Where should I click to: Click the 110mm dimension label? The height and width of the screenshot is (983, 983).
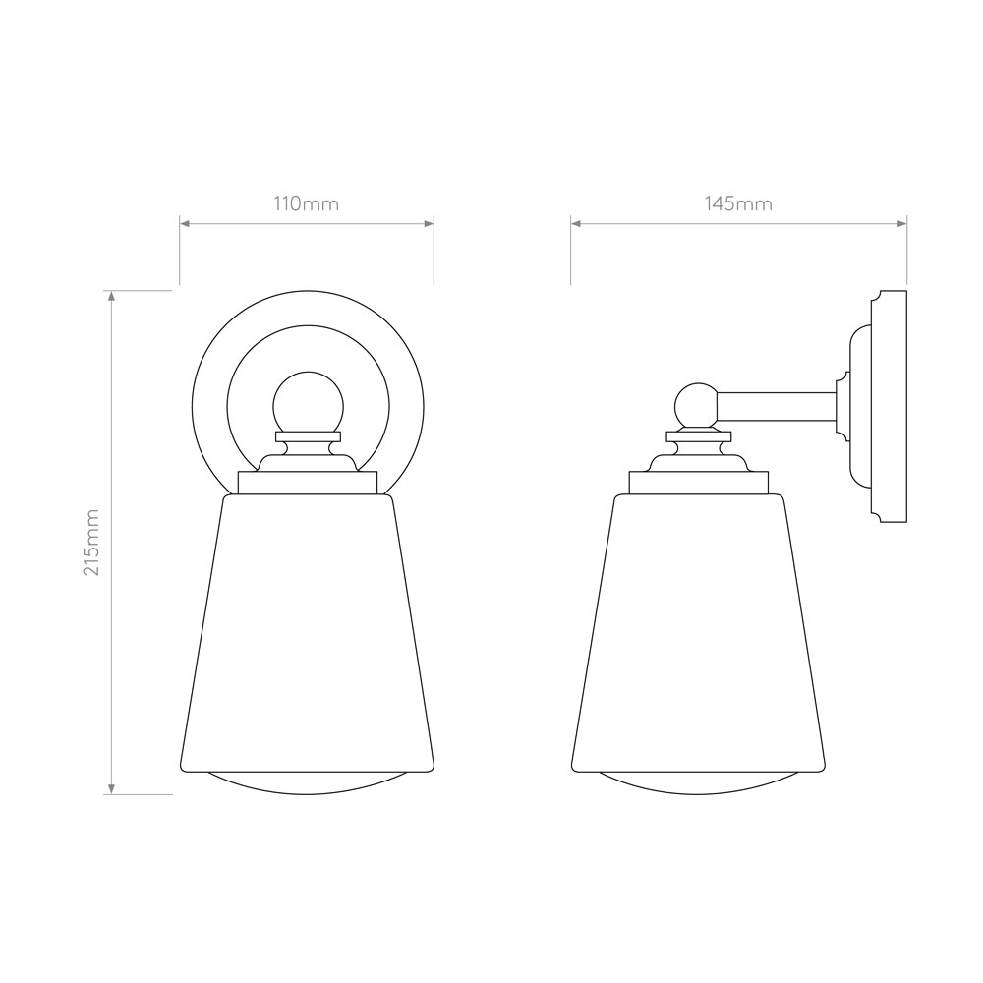[306, 204]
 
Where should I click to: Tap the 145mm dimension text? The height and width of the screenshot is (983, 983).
[738, 204]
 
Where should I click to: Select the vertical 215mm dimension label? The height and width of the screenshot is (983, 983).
[92, 543]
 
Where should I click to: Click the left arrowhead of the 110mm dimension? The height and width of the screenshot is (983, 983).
[185, 223]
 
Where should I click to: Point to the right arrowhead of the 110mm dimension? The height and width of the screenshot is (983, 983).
[430, 223]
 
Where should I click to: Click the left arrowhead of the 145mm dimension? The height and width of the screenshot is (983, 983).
[575, 223]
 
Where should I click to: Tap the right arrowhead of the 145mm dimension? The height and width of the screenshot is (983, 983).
[902, 223]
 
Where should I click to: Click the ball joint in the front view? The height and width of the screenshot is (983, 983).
[309, 402]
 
